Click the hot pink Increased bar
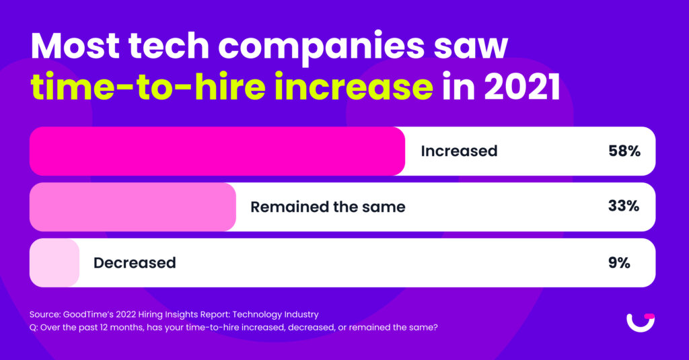pyautogui.click(x=217, y=151)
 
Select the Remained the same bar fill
pyautogui.click(x=133, y=207)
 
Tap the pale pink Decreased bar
pyautogui.click(x=55, y=263)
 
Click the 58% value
pyautogui.click(x=624, y=151)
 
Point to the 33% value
pyautogui.click(x=624, y=206)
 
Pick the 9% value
pyautogui.click(x=619, y=263)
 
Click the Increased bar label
pyautogui.click(x=459, y=151)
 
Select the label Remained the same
pyautogui.click(x=328, y=207)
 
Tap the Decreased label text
pyautogui.click(x=135, y=263)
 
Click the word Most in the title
pyautogui.click(x=75, y=46)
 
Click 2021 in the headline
pyautogui.click(x=522, y=87)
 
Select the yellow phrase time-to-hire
pyautogui.click(x=148, y=85)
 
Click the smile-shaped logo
pyautogui.click(x=641, y=322)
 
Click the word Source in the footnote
pyautogui.click(x=45, y=314)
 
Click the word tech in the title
pyautogui.click(x=169, y=46)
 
